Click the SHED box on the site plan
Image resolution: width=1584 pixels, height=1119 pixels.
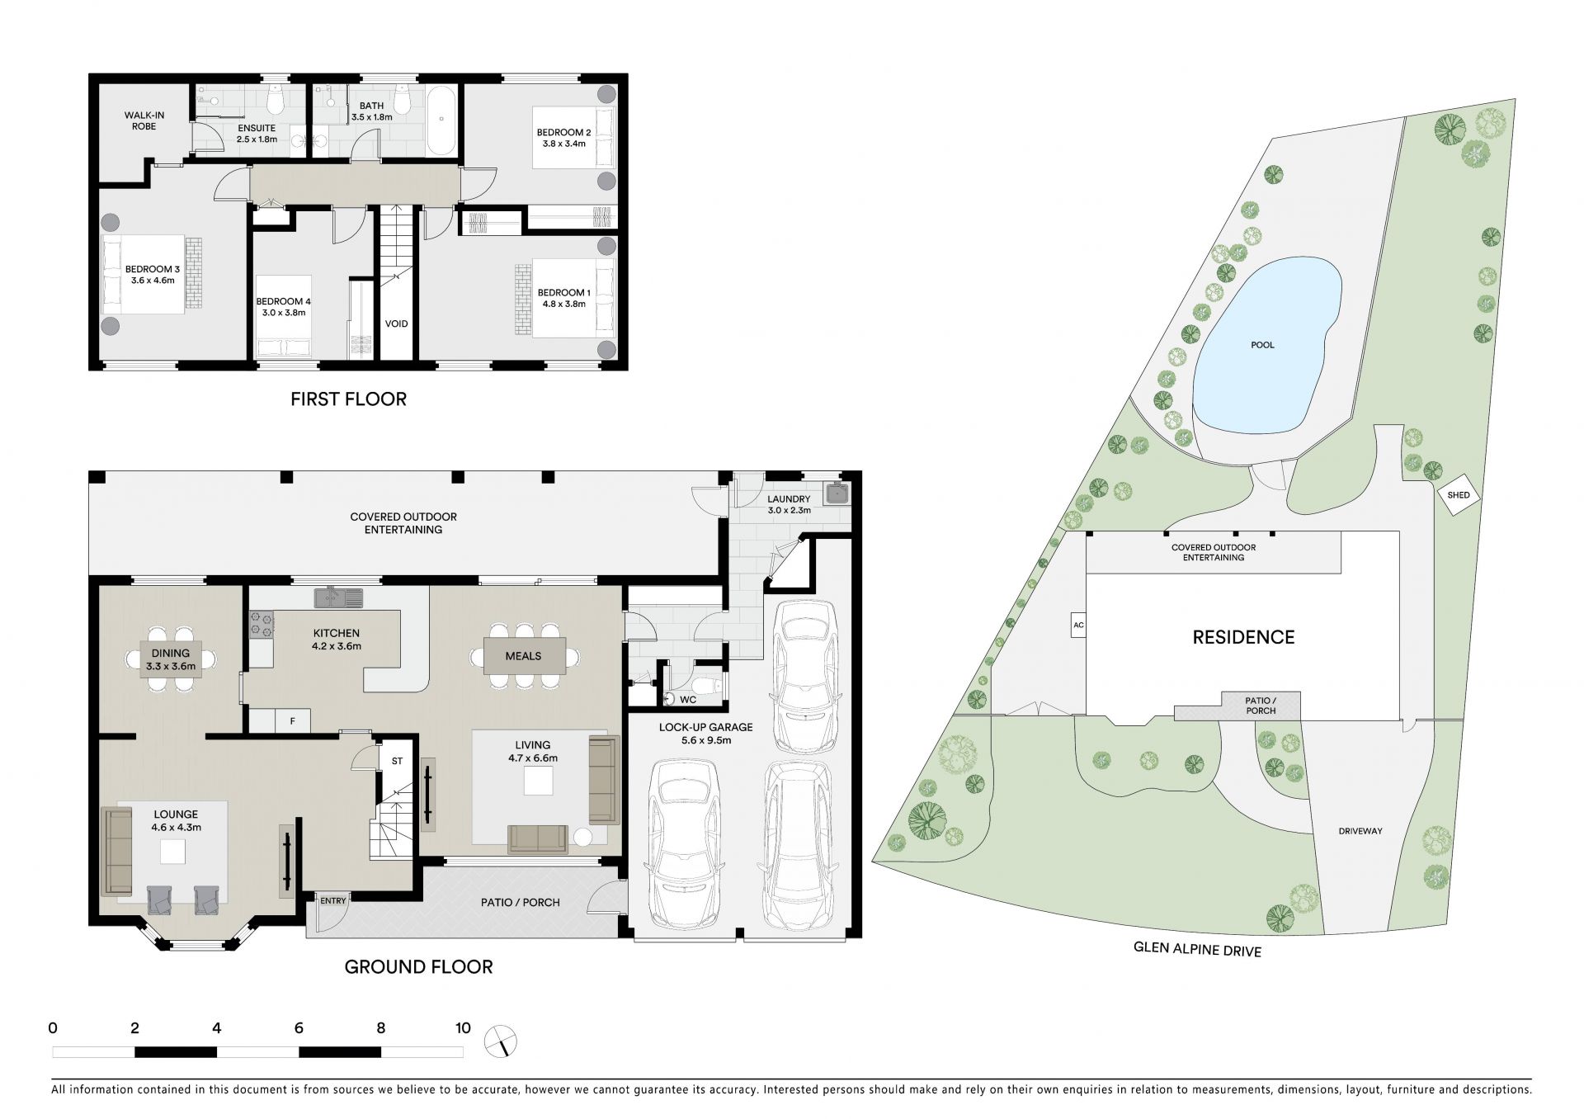tap(1459, 495)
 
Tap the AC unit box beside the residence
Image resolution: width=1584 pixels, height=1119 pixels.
tap(1077, 626)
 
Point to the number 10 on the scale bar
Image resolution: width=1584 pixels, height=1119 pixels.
tap(463, 1028)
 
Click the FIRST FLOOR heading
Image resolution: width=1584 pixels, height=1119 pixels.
tap(348, 399)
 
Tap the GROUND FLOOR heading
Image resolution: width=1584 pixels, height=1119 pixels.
tap(418, 966)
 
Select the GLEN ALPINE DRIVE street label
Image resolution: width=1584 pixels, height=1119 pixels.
tap(1197, 951)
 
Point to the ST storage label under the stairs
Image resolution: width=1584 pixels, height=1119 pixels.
tap(397, 761)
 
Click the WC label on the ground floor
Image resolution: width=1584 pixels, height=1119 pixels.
tap(688, 700)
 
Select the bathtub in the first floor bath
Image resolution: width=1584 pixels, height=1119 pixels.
tap(444, 120)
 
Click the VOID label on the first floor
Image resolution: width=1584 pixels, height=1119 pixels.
tap(397, 324)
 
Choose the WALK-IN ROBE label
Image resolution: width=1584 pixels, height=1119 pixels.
tap(140, 120)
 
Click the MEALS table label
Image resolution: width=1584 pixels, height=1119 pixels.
tap(523, 656)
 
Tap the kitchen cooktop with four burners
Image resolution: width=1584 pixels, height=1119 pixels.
tap(262, 625)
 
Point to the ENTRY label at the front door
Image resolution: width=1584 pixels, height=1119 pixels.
tap(333, 900)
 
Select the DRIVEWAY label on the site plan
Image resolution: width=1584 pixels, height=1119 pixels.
tap(1360, 831)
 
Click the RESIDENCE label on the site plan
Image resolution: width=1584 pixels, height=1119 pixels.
tap(1243, 637)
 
